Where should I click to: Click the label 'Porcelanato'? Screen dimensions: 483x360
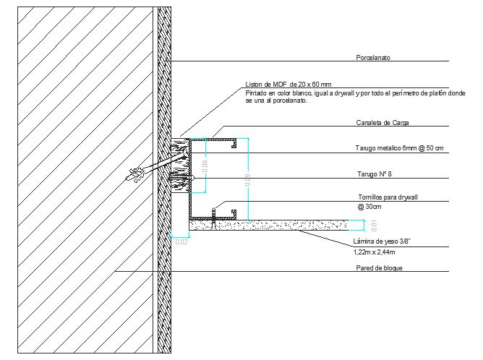(x=373, y=56)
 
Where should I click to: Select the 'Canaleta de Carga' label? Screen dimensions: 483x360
(x=382, y=123)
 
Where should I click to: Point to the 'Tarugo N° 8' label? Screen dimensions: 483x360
(x=375, y=174)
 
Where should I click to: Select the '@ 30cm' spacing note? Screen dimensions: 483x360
(x=372, y=207)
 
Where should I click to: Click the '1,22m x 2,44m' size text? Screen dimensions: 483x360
(x=374, y=252)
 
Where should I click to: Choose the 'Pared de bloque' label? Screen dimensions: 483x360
(x=379, y=268)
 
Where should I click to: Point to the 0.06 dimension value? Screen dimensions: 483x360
(x=205, y=166)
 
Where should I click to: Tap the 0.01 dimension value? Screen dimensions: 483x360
(x=375, y=224)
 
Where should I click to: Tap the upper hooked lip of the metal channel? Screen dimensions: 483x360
(x=234, y=144)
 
